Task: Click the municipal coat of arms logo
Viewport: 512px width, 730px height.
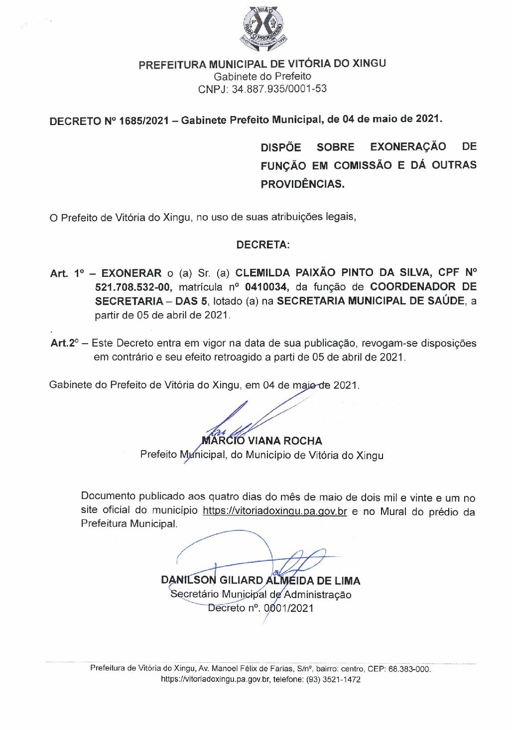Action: click(x=262, y=28)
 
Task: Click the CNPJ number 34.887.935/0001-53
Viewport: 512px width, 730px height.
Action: click(x=279, y=89)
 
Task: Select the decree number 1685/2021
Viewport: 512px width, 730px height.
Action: click(x=144, y=121)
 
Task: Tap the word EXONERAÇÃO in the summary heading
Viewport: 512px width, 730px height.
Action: click(x=408, y=146)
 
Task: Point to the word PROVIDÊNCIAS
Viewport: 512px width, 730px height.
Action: click(x=302, y=184)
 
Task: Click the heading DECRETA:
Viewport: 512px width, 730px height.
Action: click(x=262, y=244)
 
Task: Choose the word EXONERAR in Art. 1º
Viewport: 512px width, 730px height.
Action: click(x=131, y=273)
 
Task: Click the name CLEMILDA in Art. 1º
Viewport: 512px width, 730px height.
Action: click(x=262, y=272)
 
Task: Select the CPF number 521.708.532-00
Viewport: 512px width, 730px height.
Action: click(x=133, y=287)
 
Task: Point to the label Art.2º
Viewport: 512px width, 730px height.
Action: click(x=65, y=343)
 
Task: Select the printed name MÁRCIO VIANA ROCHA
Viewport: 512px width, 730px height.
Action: click(x=262, y=441)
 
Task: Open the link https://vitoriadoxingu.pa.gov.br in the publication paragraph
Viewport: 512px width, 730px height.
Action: click(x=274, y=511)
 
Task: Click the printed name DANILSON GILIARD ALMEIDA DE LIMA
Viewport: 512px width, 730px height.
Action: click(x=260, y=580)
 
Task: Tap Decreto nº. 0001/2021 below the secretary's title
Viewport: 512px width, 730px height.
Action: click(x=260, y=608)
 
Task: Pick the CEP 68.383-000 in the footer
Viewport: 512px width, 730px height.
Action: click(x=409, y=669)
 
